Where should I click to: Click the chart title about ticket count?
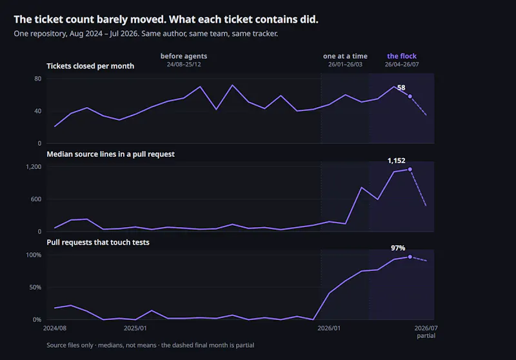coord(166,20)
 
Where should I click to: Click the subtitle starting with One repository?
coord(146,34)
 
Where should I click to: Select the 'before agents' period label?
coord(184,56)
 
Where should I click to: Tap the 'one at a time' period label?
coord(345,56)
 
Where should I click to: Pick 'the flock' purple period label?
coord(402,56)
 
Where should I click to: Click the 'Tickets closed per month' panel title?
coord(90,66)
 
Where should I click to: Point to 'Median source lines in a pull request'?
coord(110,154)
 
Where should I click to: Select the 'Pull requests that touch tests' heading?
coord(98,243)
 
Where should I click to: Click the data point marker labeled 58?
coord(410,96)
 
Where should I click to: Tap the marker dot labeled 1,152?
coord(410,170)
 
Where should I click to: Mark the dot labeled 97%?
coord(410,257)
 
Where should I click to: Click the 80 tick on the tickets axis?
coord(38,79)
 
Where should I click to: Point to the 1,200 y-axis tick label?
coord(34,167)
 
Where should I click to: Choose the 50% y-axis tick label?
coord(35,287)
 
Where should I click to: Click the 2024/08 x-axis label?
coord(55,328)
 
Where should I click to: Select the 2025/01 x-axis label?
coord(135,328)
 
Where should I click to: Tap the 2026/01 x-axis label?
coord(329,328)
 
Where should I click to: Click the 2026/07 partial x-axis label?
coord(426,332)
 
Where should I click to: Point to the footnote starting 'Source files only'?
coord(150,345)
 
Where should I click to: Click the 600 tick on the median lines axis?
coord(36,199)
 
